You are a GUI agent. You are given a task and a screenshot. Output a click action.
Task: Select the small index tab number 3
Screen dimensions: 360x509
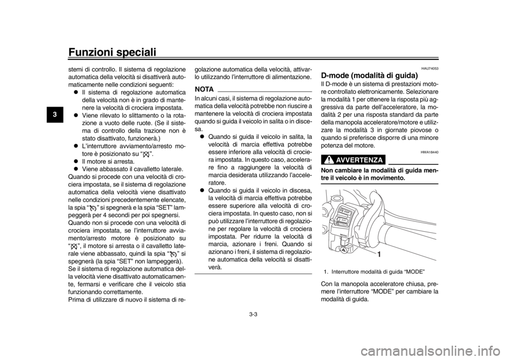(55, 114)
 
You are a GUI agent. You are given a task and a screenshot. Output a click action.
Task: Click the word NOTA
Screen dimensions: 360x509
(204, 88)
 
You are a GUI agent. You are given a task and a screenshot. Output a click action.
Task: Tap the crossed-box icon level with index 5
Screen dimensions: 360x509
(146, 155)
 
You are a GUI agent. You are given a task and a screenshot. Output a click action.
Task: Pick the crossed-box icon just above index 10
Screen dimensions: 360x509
(74, 247)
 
